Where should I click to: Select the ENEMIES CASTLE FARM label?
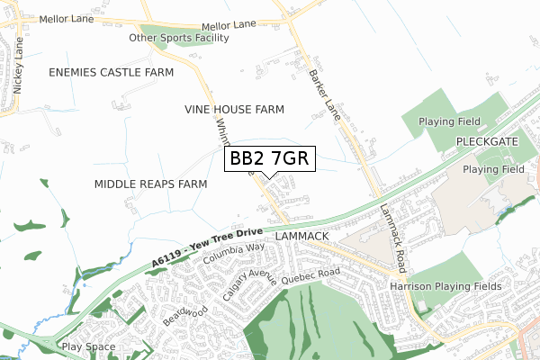(112, 71)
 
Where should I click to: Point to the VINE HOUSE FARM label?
(234, 110)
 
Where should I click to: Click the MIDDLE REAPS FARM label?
(150, 184)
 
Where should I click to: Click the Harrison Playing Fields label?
(445, 286)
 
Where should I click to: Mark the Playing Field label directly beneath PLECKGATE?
(493, 169)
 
